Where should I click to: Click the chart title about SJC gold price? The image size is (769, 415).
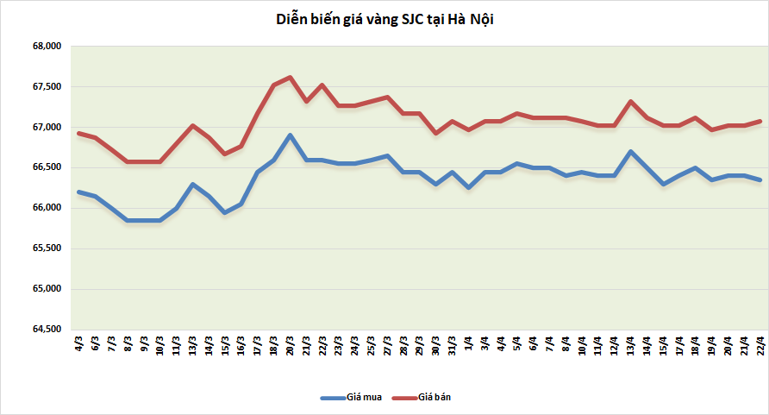pos(384,19)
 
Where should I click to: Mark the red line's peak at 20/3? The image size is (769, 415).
pos(290,77)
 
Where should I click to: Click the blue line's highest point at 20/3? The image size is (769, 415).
pos(290,135)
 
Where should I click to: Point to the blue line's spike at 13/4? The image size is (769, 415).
pos(631,152)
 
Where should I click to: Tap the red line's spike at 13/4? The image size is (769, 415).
pos(631,101)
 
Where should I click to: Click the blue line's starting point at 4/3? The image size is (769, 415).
pos(78,192)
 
